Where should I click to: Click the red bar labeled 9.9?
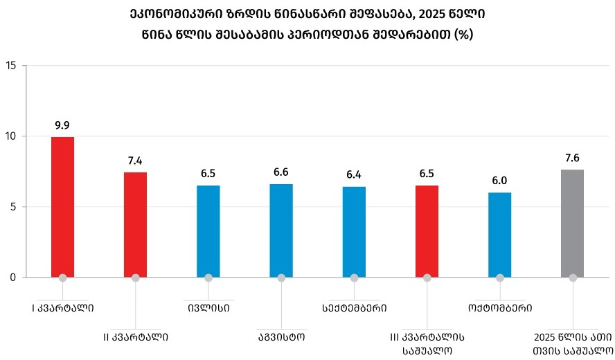point(62,206)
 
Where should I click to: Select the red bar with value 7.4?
point(135,224)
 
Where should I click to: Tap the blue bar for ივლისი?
point(208,231)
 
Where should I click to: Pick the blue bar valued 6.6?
point(281,230)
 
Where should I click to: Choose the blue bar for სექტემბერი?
point(354,231)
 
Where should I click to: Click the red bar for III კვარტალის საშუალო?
point(427,231)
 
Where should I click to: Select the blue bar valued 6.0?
point(499,234)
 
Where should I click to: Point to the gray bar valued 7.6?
point(572,223)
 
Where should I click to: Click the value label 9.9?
point(62,125)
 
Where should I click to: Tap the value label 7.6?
point(572,158)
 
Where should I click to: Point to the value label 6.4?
point(354,175)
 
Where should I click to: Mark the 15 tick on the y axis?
point(10,66)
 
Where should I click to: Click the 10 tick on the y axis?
point(10,136)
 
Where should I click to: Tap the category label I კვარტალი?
point(62,306)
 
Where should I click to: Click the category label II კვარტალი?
point(135,337)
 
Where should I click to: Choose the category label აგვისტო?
point(281,337)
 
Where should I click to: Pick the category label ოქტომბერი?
point(499,306)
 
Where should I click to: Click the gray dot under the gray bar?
point(572,278)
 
